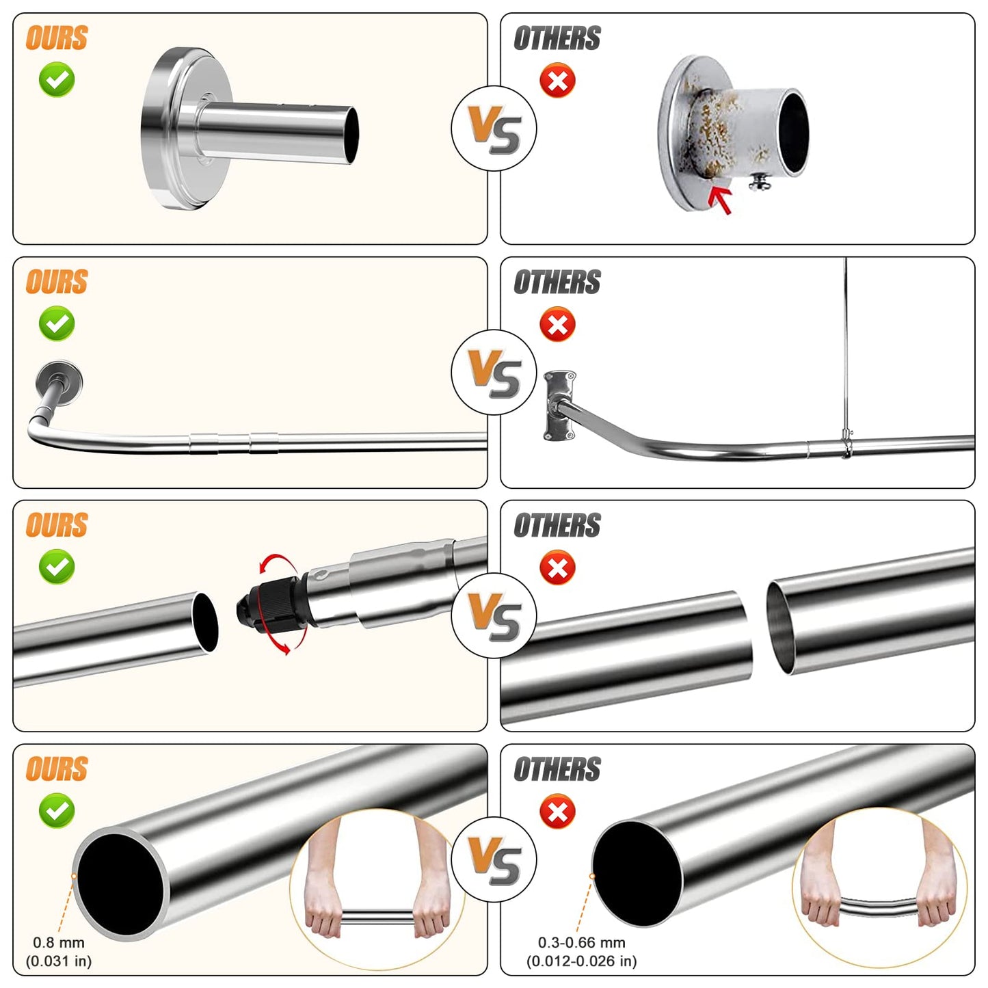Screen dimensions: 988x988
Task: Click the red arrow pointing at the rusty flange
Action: click(x=720, y=200)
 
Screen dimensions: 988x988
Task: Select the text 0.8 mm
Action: click(x=58, y=942)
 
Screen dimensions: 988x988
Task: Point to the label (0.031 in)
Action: click(x=59, y=961)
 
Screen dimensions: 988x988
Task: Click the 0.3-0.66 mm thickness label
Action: click(x=582, y=942)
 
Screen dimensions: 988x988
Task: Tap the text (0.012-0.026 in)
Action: click(x=582, y=961)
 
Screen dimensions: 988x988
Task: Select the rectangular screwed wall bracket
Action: click(x=560, y=405)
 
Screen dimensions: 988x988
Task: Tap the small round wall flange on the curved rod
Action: click(x=59, y=380)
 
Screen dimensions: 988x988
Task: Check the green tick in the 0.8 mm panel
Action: click(x=57, y=810)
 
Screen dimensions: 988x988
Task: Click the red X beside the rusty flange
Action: click(x=557, y=81)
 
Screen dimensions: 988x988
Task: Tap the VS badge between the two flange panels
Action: click(x=494, y=129)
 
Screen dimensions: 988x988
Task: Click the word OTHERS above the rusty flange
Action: click(x=557, y=38)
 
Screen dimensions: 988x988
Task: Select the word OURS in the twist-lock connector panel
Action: click(x=57, y=525)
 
